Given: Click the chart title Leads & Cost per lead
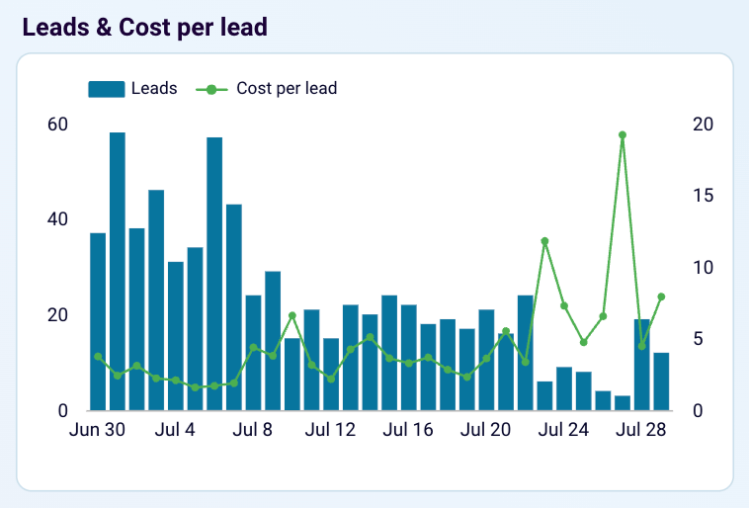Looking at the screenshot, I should pos(145,27).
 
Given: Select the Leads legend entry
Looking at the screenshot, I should pos(132,88).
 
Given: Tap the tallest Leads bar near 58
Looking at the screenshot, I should pos(117,271).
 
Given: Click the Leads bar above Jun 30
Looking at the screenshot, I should pos(98,321).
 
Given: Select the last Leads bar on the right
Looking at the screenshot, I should pos(661,381).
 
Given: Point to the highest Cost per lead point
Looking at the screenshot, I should pos(623,134).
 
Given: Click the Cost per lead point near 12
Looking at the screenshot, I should pos(544,241).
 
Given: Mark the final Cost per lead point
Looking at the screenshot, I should pos(661,296).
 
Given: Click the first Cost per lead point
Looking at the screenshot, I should pos(98,357).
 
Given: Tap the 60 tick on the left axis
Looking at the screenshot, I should pos(57,125).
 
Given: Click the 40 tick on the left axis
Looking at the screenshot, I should pos(57,219).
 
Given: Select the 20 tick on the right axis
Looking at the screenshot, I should pos(703,125).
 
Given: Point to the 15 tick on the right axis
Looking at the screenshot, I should pos(703,196).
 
